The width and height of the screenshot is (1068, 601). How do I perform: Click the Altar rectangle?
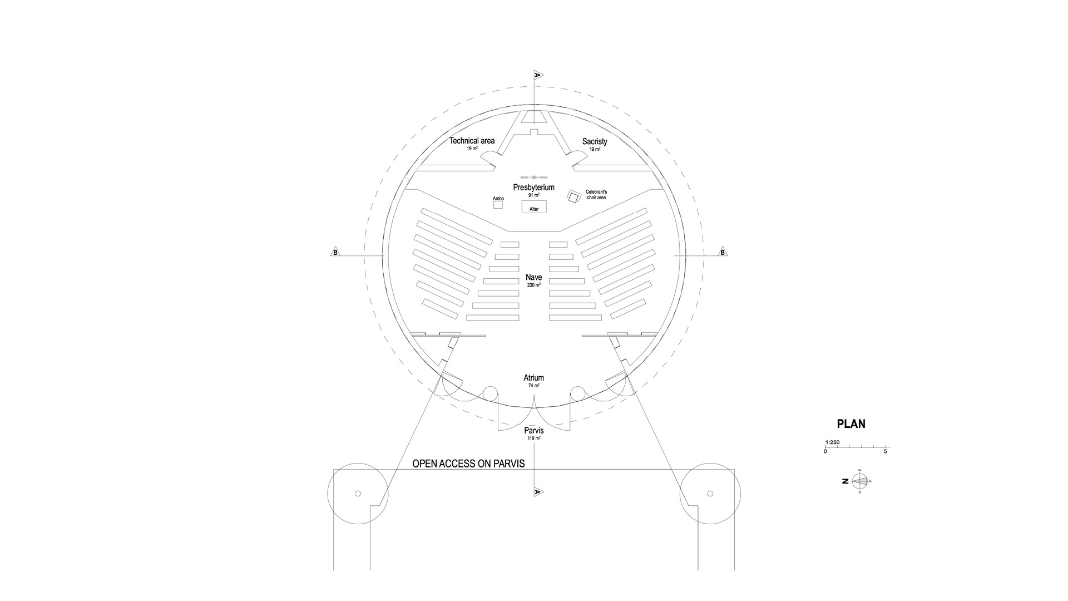pos(534,206)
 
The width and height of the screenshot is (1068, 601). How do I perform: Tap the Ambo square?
pos(498,205)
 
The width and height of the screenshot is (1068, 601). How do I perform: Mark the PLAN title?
pos(851,424)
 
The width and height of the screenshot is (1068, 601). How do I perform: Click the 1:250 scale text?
pos(833,442)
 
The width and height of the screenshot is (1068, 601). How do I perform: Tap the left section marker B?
pos(335,252)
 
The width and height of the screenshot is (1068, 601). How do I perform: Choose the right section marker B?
pos(723,252)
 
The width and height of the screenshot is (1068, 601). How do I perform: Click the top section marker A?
pos(538,75)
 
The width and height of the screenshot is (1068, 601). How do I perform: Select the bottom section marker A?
pos(538,491)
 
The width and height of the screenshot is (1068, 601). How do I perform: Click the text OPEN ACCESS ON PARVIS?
pos(468,464)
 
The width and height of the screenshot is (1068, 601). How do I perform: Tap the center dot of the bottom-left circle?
pos(358,494)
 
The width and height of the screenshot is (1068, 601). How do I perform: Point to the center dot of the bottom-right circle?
pos(710,494)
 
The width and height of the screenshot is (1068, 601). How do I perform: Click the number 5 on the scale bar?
pos(886,451)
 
